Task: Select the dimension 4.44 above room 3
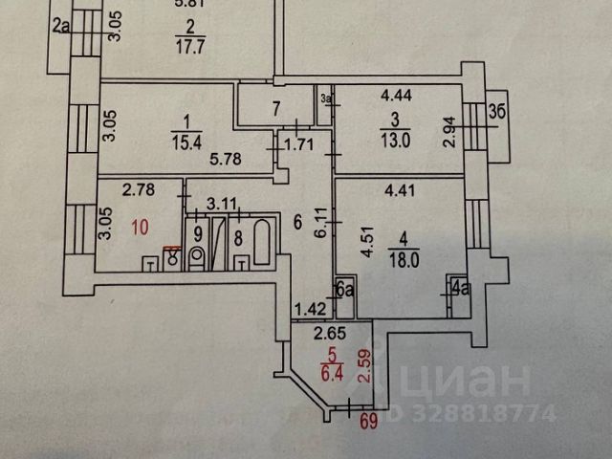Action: click(399, 96)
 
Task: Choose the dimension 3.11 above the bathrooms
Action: click(223, 203)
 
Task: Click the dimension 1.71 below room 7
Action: click(301, 146)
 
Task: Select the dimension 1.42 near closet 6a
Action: click(310, 308)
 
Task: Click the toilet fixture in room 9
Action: click(198, 257)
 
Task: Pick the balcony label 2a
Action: click(62, 26)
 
